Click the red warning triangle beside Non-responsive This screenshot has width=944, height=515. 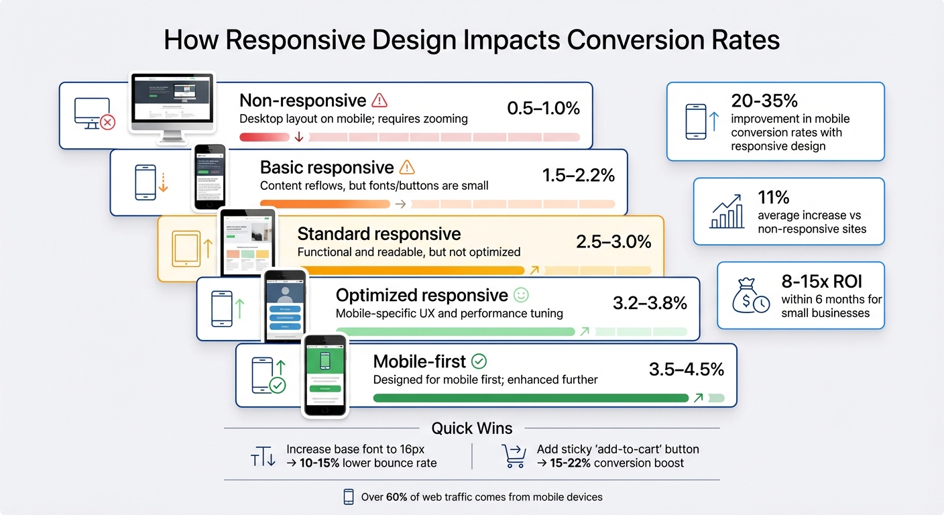pyautogui.click(x=379, y=101)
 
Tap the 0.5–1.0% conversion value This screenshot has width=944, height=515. pyautogui.click(x=543, y=108)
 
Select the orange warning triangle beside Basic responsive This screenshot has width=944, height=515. pyautogui.click(x=407, y=167)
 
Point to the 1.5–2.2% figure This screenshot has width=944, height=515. pyautogui.click(x=578, y=175)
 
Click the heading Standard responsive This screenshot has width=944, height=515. pyautogui.click(x=379, y=234)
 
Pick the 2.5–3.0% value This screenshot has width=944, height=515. pyautogui.click(x=613, y=242)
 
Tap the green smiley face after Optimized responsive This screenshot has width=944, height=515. pyautogui.click(x=520, y=295)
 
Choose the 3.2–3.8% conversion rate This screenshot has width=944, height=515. pyautogui.click(x=650, y=303)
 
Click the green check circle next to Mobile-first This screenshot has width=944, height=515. pyautogui.click(x=479, y=361)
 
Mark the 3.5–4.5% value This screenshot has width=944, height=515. pyautogui.click(x=686, y=369)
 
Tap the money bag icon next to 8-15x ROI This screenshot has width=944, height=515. pyautogui.click(x=751, y=296)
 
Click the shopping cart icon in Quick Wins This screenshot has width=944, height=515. pyautogui.click(x=514, y=456)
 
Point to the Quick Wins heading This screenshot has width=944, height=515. pyautogui.click(x=471, y=428)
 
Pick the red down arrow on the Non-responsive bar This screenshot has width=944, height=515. pyautogui.click(x=299, y=137)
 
